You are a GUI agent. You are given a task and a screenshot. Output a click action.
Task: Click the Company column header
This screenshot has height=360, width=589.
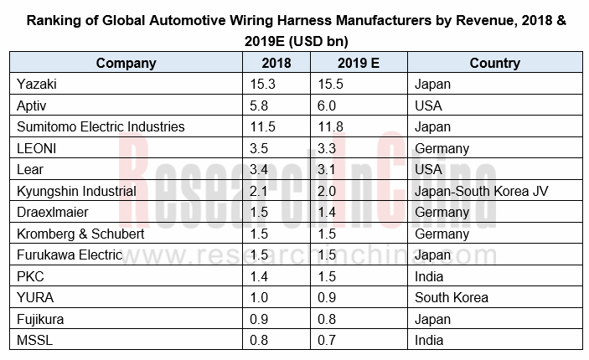(x=126, y=63)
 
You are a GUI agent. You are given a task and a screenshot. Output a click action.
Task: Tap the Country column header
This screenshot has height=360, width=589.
(x=494, y=63)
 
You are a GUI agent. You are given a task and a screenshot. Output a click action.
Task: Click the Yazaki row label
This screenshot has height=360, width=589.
(x=36, y=85)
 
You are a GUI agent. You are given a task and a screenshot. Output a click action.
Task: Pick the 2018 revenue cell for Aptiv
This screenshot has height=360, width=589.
(x=261, y=106)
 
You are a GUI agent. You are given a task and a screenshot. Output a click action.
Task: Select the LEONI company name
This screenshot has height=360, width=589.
(x=37, y=149)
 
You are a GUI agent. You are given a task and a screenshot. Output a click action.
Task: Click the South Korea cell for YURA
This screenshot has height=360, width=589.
(x=452, y=298)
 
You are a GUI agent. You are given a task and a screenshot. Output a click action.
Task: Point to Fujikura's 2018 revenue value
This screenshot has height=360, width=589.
(x=261, y=319)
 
